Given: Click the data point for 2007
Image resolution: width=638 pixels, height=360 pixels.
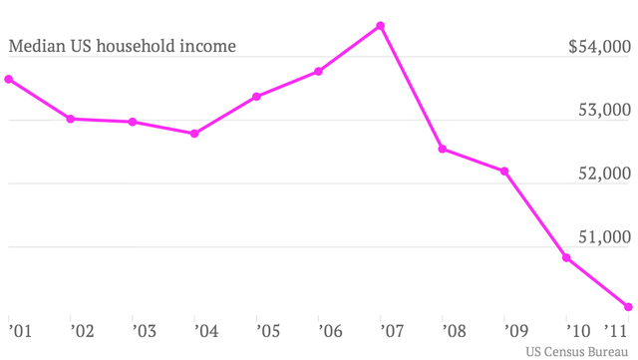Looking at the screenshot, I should pos(381,26).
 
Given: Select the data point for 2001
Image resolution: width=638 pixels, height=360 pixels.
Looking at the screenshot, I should pos(8,79).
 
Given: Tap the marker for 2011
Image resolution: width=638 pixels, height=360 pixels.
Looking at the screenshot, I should pos(629,306).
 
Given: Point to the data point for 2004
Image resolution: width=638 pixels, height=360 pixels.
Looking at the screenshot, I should pos(194,133).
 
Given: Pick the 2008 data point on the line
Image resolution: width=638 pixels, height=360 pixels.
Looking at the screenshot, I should pos(443,150).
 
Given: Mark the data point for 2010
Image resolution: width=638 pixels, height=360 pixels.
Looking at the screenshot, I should pos(567,258).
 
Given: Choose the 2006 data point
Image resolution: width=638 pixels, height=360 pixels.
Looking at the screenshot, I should pos(319,71).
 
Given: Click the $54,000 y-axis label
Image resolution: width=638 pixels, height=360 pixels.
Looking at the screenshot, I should pos(599,47).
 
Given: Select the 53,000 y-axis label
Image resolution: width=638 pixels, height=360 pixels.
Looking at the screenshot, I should pos(606,110).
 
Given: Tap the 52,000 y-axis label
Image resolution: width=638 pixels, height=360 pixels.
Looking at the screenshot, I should pos(606,174).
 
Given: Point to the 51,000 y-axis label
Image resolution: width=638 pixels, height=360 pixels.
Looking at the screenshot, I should pos(606,237).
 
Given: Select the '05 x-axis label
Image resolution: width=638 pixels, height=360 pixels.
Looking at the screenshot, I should pos(268,328).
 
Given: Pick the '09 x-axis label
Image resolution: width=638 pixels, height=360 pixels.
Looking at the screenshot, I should pos(517,328).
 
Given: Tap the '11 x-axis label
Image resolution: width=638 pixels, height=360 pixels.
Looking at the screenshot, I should pos(617,328).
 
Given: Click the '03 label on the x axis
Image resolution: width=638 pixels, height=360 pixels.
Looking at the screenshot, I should pos(144,328).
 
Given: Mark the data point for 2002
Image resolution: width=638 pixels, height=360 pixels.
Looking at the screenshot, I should pos(70,119).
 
